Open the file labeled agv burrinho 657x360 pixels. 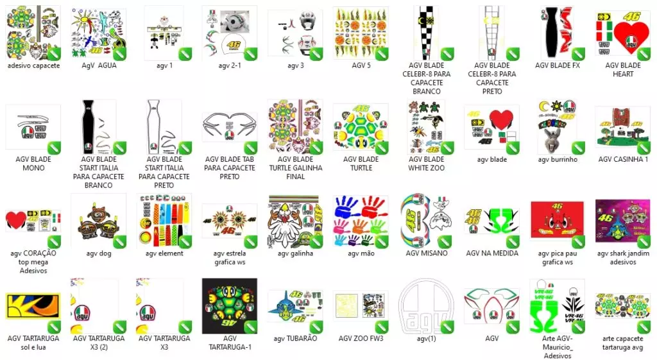click(558, 127)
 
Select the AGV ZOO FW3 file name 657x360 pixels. click(361, 338)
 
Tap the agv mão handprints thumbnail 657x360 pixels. click(361, 221)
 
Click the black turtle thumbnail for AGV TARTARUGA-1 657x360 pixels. click(230, 306)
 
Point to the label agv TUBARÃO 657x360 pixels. click(295, 338)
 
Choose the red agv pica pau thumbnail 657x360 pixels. click(558, 221)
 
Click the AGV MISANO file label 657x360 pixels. click(427, 253)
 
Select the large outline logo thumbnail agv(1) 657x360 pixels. click(426, 306)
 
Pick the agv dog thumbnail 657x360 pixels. click(99, 221)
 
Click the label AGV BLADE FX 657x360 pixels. click(558, 65)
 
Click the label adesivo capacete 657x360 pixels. click(33, 65)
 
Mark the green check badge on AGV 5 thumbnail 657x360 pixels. click(382, 54)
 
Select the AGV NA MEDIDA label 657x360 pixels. click(492, 253)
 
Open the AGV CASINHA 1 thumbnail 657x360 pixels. click(622, 127)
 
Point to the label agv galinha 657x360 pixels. click(295, 253)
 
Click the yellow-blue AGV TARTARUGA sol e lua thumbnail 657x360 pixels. click(33, 306)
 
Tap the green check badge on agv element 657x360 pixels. click(185, 242)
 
